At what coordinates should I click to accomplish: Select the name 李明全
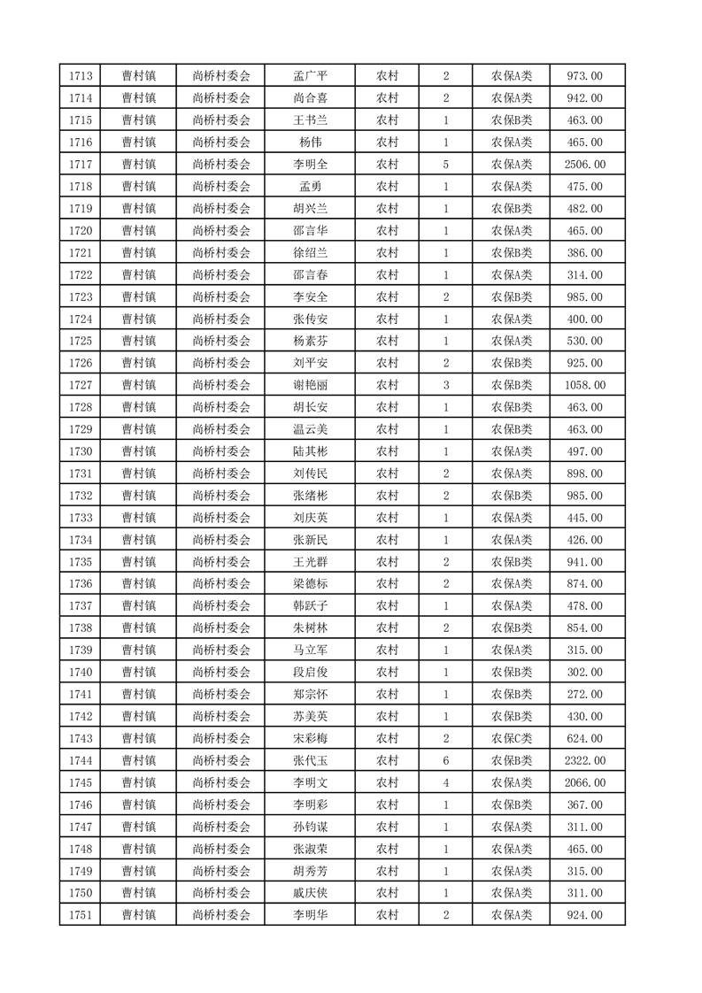[310, 165]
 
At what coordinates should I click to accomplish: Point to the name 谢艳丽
[310, 385]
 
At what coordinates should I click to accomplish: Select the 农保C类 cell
[511, 738]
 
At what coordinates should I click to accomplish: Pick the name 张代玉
[310, 760]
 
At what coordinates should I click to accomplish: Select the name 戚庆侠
[310, 893]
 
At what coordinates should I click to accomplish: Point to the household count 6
[445, 760]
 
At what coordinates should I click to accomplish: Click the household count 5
[445, 165]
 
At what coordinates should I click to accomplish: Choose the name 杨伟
[310, 142]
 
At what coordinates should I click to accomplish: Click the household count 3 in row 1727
[445, 385]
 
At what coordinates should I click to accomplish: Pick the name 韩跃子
[310, 606]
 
